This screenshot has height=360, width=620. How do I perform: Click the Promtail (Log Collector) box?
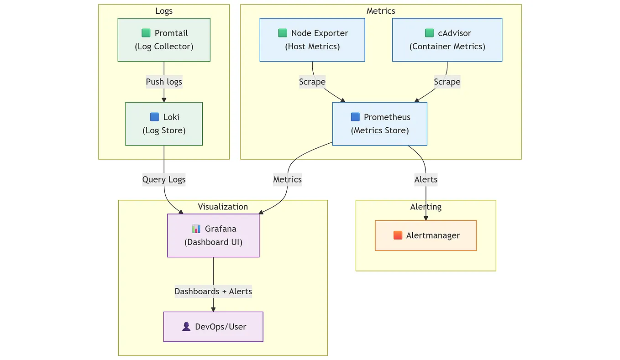[164, 40]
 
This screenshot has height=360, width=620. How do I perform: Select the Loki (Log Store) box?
[164, 124]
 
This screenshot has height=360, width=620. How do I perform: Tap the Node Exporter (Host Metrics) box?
[312, 40]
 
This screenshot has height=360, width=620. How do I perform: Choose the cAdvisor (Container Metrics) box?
[447, 40]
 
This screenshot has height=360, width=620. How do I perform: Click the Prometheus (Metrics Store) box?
[380, 124]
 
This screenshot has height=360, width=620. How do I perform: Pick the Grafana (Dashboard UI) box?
[213, 235]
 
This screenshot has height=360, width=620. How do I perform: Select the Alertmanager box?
[426, 235]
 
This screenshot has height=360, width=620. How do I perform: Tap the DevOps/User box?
[213, 327]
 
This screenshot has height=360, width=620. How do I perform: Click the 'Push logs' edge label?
[164, 82]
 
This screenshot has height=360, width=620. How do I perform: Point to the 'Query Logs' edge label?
[164, 179]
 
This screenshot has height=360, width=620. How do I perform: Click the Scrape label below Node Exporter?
[312, 82]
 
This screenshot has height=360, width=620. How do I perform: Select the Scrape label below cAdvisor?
[447, 82]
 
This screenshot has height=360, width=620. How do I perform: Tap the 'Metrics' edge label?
[287, 179]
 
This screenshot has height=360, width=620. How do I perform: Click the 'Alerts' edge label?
[426, 179]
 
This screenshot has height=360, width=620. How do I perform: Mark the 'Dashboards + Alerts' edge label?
[213, 291]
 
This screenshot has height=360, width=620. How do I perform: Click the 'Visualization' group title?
[223, 207]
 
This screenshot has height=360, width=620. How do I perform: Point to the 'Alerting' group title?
[426, 207]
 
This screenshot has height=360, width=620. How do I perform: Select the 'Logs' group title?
[164, 11]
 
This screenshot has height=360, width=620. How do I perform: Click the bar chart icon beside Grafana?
[196, 229]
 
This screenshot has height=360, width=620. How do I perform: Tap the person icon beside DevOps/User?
[186, 326]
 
